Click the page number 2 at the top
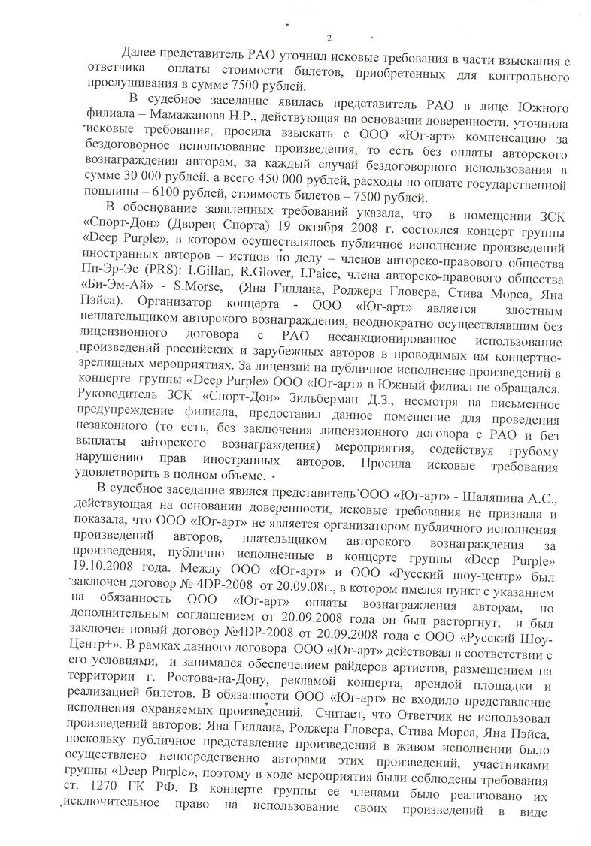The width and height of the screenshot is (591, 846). pos(329,38)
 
